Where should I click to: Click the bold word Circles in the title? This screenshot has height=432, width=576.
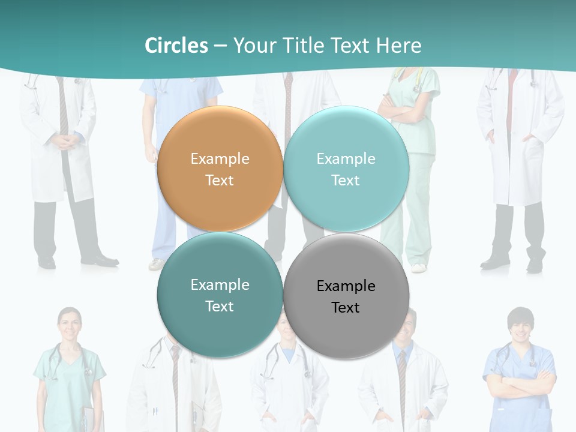(x=176, y=46)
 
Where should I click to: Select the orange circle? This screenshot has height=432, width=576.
(x=220, y=169)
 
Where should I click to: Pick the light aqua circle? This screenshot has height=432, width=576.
(x=346, y=169)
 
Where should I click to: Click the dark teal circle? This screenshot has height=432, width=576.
(x=220, y=295)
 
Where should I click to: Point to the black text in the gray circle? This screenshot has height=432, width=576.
(x=346, y=296)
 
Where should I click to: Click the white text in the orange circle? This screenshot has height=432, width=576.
(x=220, y=169)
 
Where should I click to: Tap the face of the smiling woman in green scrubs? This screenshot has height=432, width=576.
(x=70, y=324)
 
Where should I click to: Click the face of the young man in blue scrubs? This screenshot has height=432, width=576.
(x=520, y=326)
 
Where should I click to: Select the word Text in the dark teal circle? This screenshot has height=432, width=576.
(x=220, y=306)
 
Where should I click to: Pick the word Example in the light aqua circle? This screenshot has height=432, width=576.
(x=346, y=158)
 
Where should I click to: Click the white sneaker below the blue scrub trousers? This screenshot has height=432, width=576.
(x=157, y=263)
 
